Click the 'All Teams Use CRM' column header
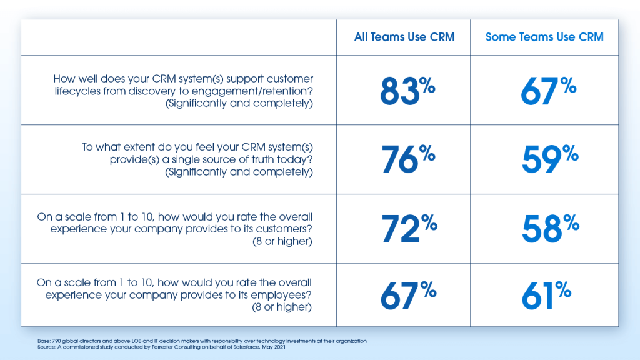[x=404, y=37]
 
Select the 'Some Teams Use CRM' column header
[x=544, y=37]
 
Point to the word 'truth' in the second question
[x=256, y=160]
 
